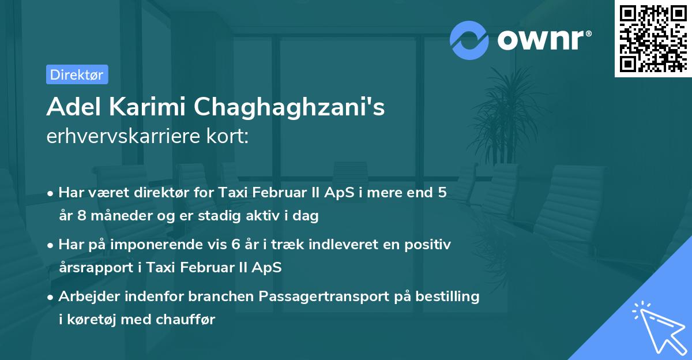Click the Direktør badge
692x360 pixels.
(77, 74)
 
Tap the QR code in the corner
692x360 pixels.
(653, 38)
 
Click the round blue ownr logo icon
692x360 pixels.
(469, 40)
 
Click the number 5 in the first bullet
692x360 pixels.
(442, 193)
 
